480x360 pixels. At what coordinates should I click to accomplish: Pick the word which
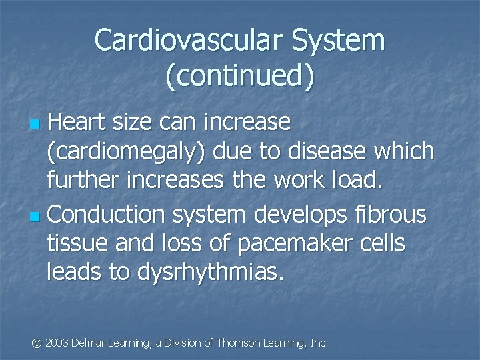[x=405, y=151]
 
